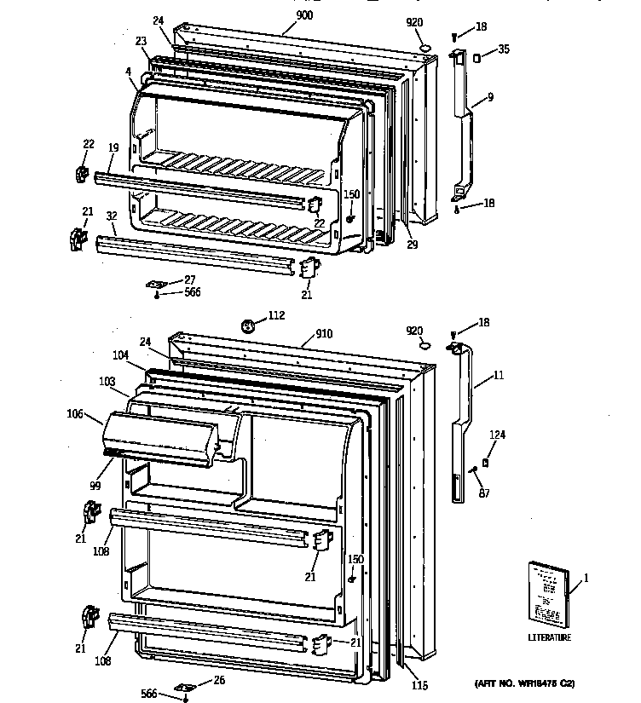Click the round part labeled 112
click(x=249, y=325)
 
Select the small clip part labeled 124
click(x=485, y=463)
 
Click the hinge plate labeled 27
click(x=158, y=285)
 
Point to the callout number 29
click(x=413, y=245)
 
